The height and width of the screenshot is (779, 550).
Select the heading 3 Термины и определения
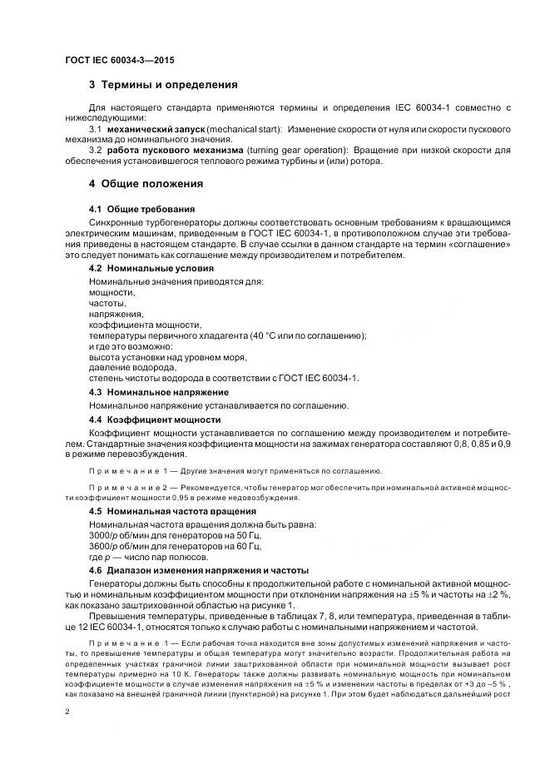coord(163,85)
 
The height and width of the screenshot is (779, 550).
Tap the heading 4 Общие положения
coord(151,183)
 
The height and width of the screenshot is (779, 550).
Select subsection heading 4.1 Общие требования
coord(142,208)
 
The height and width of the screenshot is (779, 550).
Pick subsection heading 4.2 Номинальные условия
coord(151,269)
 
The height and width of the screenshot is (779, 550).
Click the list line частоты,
coord(107,304)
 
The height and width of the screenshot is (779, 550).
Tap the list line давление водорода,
coord(132,367)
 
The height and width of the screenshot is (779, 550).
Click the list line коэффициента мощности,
coord(145,325)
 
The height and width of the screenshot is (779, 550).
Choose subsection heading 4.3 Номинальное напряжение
coord(158,392)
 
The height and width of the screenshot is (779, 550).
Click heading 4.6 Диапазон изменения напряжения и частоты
coord(198,570)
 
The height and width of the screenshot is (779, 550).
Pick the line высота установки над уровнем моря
coord(167,356)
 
